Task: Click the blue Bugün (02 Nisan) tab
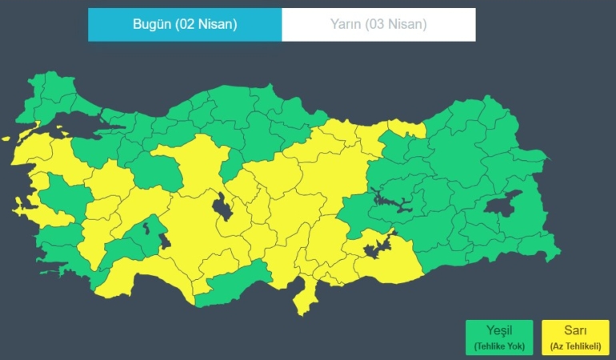pyautogui.click(x=185, y=24)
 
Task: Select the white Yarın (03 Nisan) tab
pyautogui.click(x=378, y=24)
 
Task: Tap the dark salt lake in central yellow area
pyautogui.click(x=222, y=209)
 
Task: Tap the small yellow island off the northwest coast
pyautogui.click(x=6, y=138)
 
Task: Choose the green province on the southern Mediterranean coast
pyautogui.click(x=232, y=285)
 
